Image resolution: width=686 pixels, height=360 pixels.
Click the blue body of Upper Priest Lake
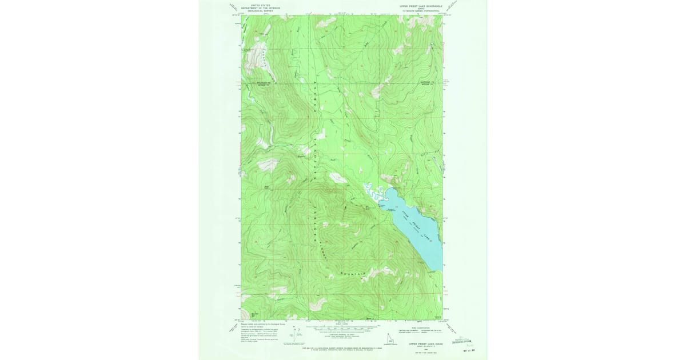click(417, 229)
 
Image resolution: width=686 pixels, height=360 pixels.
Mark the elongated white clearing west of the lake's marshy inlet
click(337, 178)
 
